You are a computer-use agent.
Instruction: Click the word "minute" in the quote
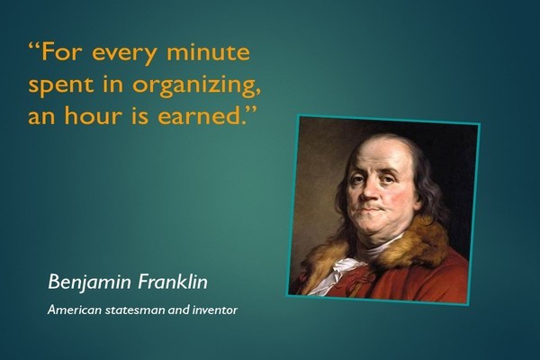coord(209,51)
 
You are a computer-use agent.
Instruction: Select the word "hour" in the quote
coord(94,115)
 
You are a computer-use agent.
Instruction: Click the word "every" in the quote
coord(124,54)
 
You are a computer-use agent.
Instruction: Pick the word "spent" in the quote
coord(61,85)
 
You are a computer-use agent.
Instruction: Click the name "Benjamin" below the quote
coord(89,283)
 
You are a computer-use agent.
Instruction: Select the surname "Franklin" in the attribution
coord(173,282)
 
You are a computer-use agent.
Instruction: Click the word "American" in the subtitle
coord(75,310)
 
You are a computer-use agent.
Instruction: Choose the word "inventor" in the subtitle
coord(215,310)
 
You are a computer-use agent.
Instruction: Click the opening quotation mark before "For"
coord(34,45)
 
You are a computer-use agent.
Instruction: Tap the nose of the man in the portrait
coord(368,193)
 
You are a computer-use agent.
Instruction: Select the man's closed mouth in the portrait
coord(371,209)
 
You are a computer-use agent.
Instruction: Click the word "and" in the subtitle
coord(179,310)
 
